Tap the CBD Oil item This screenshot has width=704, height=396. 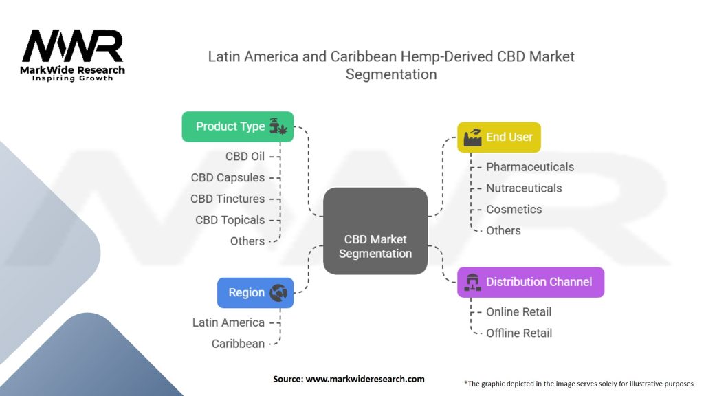pyautogui.click(x=245, y=156)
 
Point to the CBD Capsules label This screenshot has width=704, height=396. pyautogui.click(x=228, y=177)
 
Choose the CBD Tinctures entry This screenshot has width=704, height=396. pyautogui.click(x=228, y=199)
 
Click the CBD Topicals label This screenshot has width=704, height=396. pyautogui.click(x=230, y=220)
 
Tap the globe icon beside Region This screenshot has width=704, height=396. pyautogui.click(x=278, y=292)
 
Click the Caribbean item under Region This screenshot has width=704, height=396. pyautogui.click(x=238, y=343)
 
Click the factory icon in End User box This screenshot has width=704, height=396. pyautogui.click(x=472, y=137)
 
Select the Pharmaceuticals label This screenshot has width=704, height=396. pyautogui.click(x=529, y=166)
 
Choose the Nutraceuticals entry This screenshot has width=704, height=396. pyautogui.click(x=524, y=188)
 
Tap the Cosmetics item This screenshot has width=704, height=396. pyautogui.click(x=514, y=209)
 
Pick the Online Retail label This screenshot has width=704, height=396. pyautogui.click(x=518, y=311)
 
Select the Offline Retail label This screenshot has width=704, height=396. pyautogui.click(x=519, y=333)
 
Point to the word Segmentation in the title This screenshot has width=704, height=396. pyautogui.click(x=391, y=74)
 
